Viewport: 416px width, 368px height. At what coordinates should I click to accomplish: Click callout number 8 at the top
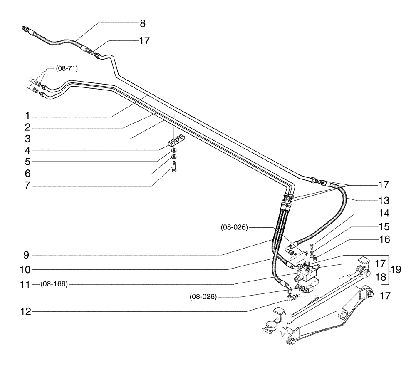click(142, 24)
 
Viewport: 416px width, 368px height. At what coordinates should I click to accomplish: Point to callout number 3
click(27, 139)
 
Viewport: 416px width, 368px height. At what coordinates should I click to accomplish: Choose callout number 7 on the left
click(27, 186)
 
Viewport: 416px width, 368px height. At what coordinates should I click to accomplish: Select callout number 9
click(27, 254)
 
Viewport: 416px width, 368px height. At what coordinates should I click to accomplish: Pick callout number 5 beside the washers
click(27, 161)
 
